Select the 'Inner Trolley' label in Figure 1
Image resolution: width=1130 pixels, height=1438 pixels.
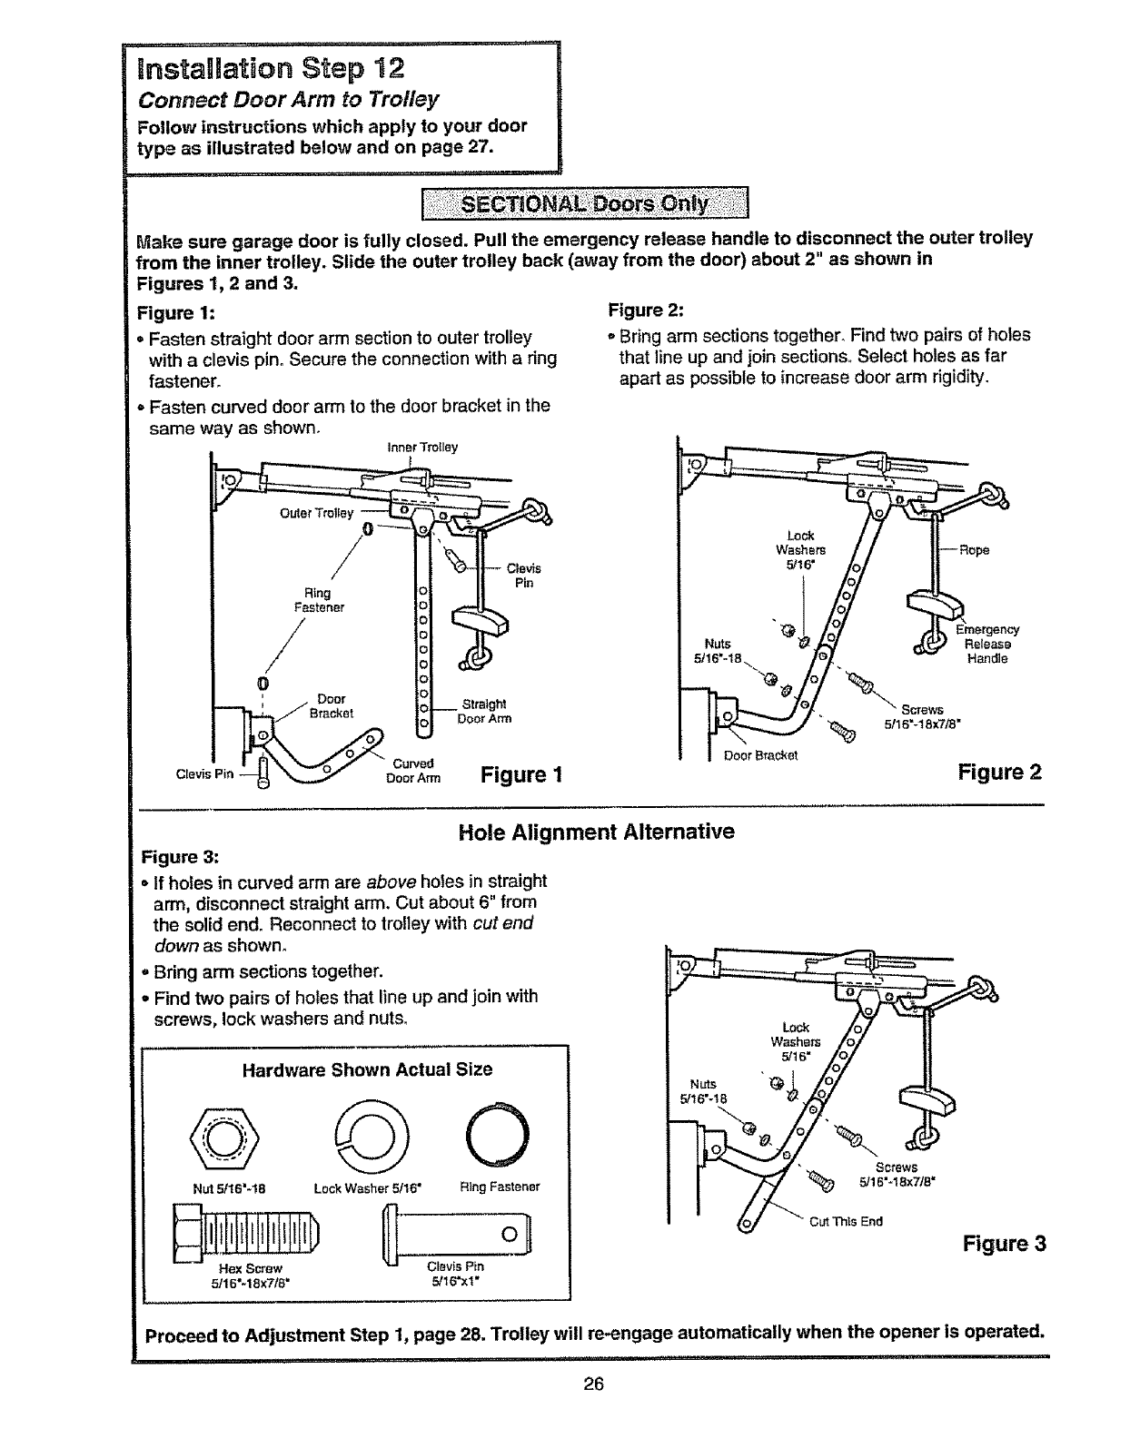coord(422,448)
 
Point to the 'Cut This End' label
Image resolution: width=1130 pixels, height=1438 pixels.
coord(846,1221)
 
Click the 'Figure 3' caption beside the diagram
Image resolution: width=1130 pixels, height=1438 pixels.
coord(1005,1244)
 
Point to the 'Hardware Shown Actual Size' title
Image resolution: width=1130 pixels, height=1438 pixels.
coord(367,1069)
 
